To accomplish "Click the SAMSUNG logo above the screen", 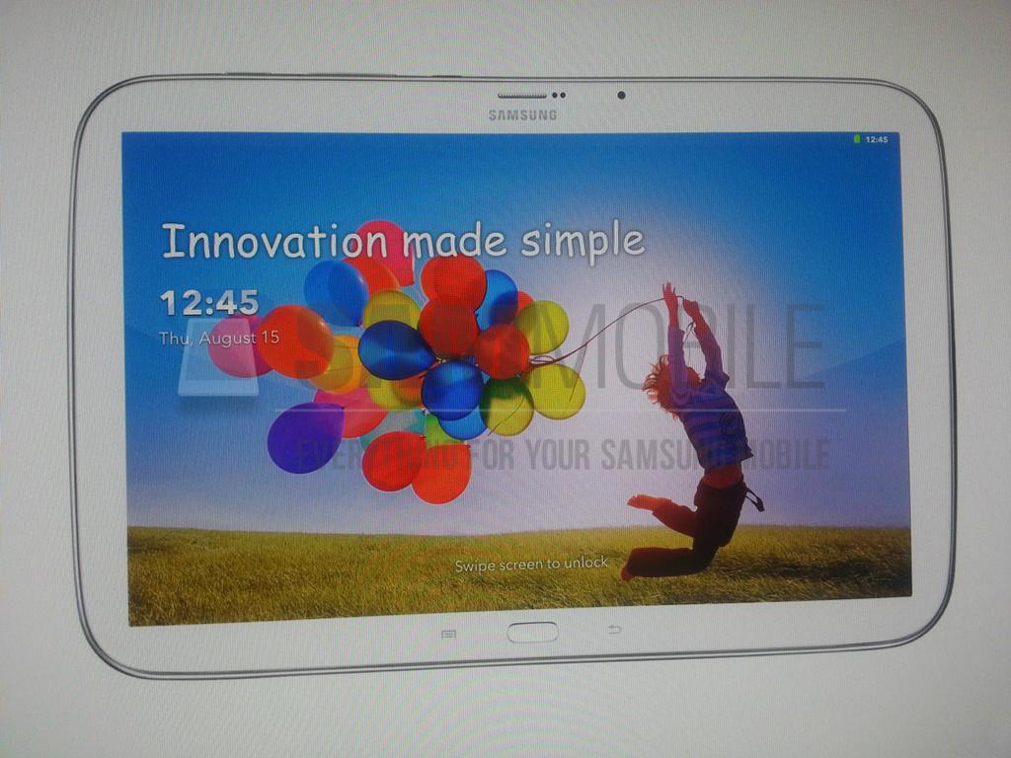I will [522, 115].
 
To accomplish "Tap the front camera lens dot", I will [621, 96].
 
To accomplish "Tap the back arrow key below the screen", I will [614, 630].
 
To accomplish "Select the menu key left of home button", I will [448, 633].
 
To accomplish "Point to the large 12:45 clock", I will [208, 302].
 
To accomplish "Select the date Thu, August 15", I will [219, 339].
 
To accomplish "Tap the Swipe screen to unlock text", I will [531, 564].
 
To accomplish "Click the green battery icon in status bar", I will [857, 140].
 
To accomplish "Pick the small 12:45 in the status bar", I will [876, 140].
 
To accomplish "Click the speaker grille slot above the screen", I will [521, 96].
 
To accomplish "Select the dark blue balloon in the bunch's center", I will [395, 349].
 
